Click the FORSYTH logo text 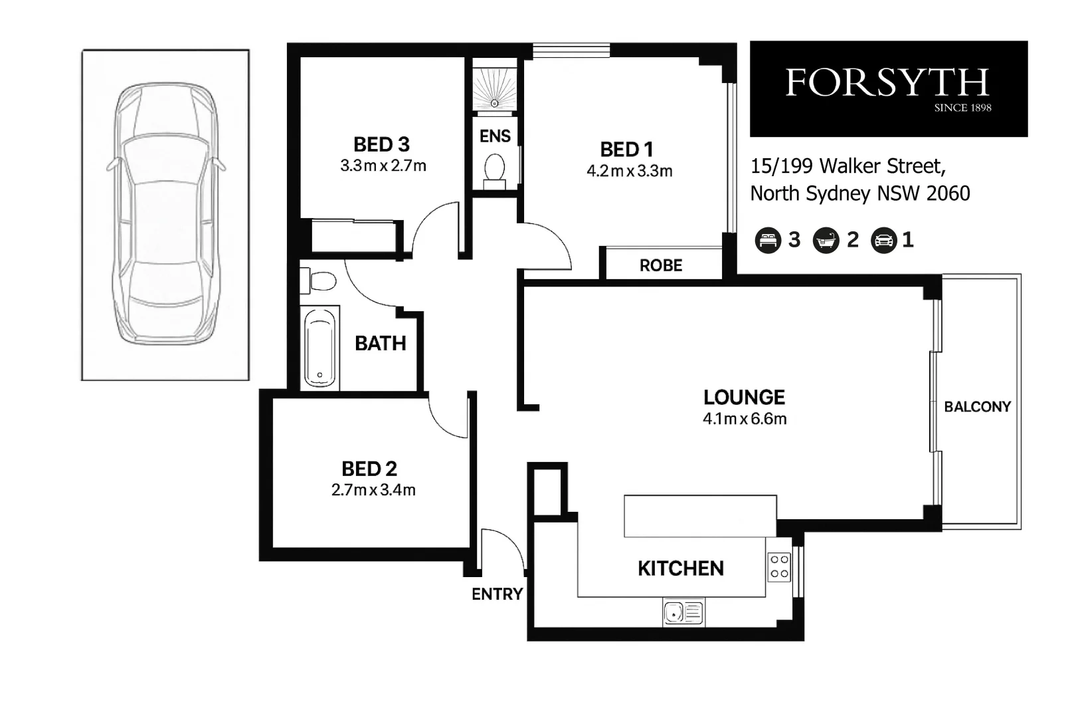pos(887,84)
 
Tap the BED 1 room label pos(626,150)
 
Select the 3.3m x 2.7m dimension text pos(383,166)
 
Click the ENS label pos(495,136)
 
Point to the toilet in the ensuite pos(494,169)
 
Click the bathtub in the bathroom pos(320,348)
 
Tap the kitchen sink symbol pos(683,612)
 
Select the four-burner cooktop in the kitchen pos(779,567)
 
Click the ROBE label pos(661,266)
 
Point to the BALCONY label pos(977,407)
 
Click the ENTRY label pos(497,594)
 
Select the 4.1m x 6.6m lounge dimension pos(744,419)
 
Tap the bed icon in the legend pos(768,240)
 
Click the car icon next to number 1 pos(884,241)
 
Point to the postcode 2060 pos(948,193)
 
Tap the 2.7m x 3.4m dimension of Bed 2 pos(373,491)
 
